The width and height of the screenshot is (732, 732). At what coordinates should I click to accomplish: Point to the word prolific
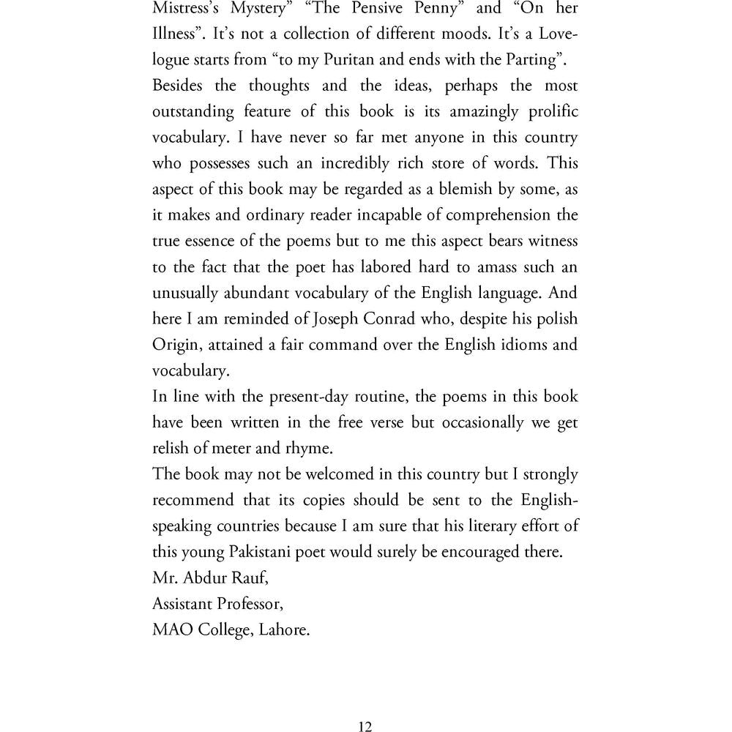[x=548, y=112]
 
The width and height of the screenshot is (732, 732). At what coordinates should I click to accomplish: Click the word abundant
[x=261, y=293]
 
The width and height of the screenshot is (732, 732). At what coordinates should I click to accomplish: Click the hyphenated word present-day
[x=315, y=397]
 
